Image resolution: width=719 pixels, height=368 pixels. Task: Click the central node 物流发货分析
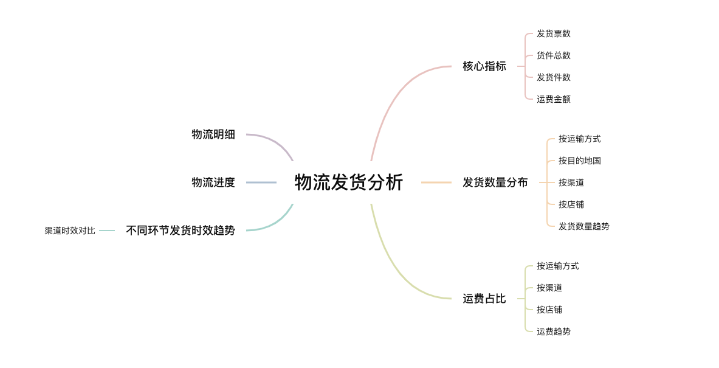tap(348, 182)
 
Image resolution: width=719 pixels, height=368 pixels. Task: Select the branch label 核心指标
tap(484, 66)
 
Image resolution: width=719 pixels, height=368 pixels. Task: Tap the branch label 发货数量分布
tap(495, 182)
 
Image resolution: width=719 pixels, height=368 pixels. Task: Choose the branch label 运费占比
tap(484, 299)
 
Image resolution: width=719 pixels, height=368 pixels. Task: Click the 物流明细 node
tap(213, 134)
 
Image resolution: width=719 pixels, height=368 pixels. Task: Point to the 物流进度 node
tap(213, 182)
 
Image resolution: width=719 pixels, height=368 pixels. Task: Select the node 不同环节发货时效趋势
tap(180, 231)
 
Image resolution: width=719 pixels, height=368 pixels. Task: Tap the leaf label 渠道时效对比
tap(70, 231)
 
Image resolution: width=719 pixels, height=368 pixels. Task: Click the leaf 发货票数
tap(553, 33)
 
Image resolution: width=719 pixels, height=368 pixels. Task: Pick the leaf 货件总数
tap(553, 55)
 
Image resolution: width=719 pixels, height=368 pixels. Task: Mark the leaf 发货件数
tap(553, 77)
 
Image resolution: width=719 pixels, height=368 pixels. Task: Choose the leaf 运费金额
tap(553, 99)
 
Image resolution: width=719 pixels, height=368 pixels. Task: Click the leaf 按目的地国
tap(579, 161)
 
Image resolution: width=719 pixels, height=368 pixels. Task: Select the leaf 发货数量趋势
tap(583, 226)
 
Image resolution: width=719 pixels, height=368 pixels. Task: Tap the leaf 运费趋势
tap(553, 332)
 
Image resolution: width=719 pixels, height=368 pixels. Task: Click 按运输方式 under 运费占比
tap(557, 266)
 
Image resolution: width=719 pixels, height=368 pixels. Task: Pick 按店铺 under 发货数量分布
tap(571, 204)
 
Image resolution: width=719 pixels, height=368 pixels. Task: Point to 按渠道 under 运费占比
tap(549, 288)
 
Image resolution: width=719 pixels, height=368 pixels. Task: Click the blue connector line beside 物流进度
tap(261, 182)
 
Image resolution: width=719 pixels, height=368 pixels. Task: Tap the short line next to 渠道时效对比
tap(107, 231)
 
